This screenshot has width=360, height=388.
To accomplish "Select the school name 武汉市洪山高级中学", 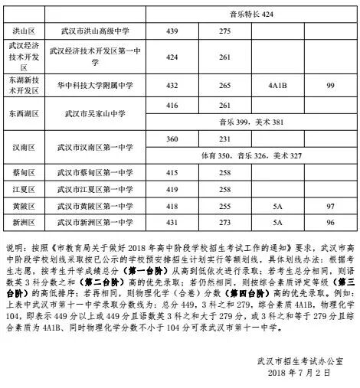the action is [96, 31].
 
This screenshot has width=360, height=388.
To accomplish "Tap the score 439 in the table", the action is [172, 31].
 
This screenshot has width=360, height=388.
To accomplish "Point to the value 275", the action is [224, 31].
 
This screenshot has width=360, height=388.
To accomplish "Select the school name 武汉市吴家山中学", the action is [96, 113].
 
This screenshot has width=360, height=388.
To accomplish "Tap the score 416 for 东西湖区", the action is [172, 105].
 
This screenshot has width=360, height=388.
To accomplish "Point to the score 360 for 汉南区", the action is [172, 139].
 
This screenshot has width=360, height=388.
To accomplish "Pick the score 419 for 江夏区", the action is [172, 189].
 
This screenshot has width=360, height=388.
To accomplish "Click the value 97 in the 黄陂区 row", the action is [331, 206].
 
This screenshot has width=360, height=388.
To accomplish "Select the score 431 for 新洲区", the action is [172, 223].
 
